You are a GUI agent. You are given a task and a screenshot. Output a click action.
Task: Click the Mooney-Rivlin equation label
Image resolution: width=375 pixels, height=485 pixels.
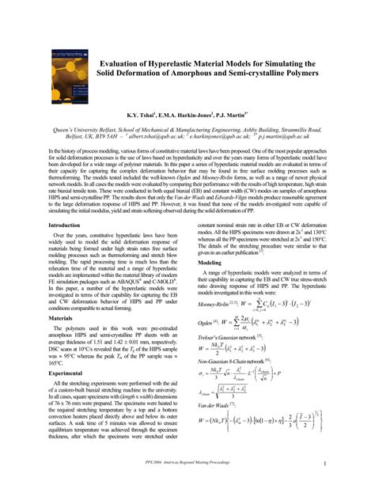218,303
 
